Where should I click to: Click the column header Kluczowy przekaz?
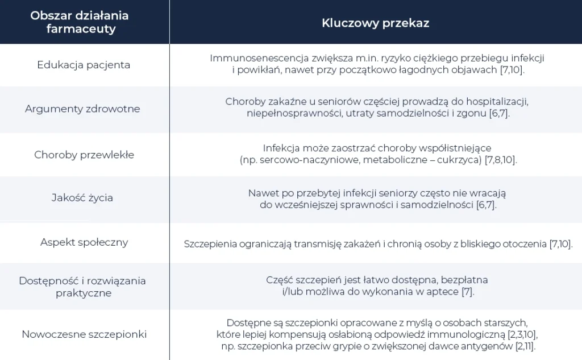tap(375, 23)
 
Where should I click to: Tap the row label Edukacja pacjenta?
tap(84, 65)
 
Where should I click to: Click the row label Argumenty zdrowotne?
tap(82, 109)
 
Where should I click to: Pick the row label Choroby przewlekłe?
tap(84, 155)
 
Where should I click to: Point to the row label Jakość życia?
tap(82, 198)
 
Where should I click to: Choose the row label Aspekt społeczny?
tap(84, 242)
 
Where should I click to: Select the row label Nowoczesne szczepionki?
tap(84, 334)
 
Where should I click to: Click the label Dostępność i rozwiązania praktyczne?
tap(83, 287)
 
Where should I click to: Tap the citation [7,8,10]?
tap(500, 160)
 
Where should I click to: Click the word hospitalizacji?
tap(497, 102)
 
